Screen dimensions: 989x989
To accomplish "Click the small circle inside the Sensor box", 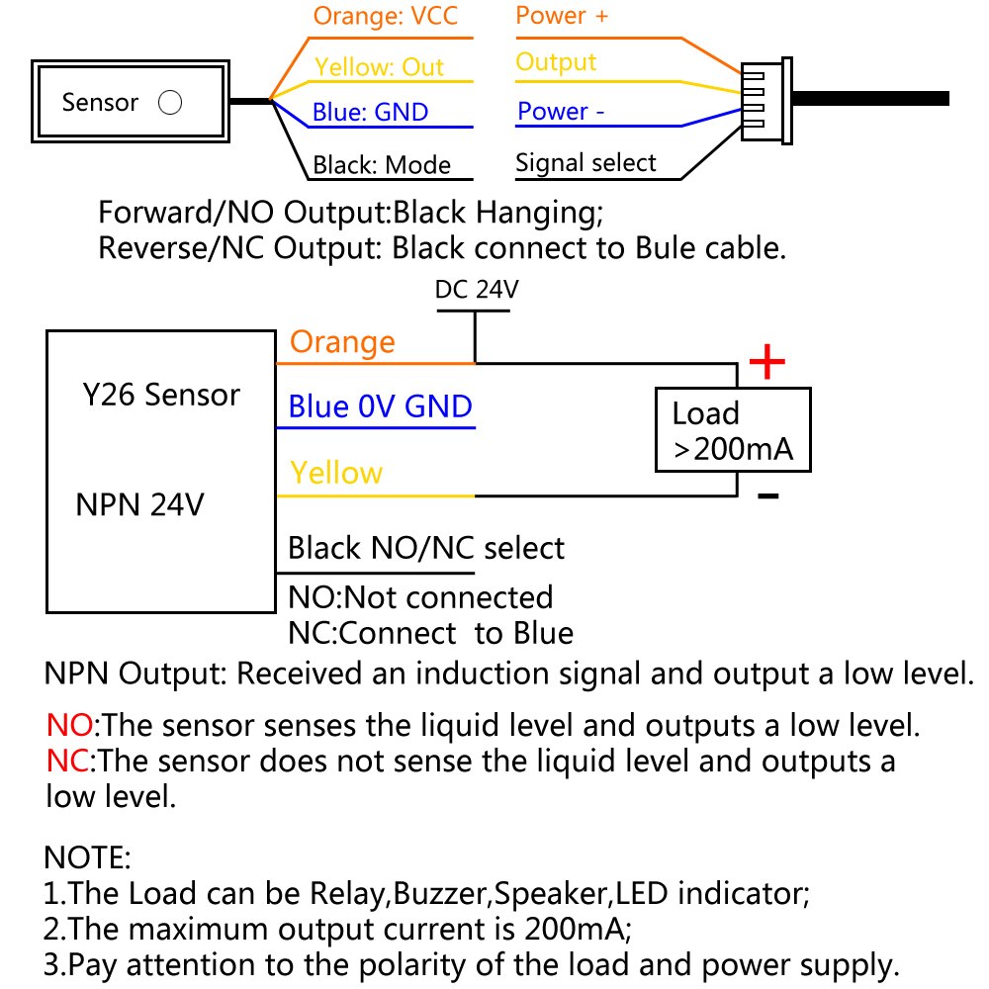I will tap(170, 103).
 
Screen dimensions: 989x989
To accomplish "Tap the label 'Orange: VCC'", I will tap(386, 17).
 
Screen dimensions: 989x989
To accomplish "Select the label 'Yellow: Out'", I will tap(379, 67).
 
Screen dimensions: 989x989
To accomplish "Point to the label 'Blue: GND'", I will tap(370, 112).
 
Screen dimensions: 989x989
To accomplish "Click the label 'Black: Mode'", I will tap(382, 164).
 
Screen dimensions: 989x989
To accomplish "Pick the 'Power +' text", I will tap(562, 16).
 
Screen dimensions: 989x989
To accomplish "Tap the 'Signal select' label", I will tap(585, 162).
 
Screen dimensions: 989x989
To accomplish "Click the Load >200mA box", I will tap(732, 429).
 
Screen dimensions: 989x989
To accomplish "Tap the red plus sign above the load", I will tap(766, 363).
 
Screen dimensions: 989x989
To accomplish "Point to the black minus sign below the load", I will tap(767, 494).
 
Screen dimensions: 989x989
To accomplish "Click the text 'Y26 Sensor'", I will tap(160, 396).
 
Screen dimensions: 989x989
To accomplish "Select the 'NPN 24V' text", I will tap(139, 505).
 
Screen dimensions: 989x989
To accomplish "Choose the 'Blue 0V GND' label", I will tap(380, 406).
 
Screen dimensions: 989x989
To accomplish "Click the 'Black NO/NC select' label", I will tap(425, 548).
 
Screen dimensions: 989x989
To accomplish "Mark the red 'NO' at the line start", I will tap(69, 726).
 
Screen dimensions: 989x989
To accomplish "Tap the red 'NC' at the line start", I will tap(68, 762).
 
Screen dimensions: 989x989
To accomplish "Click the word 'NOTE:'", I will tap(88, 855).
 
